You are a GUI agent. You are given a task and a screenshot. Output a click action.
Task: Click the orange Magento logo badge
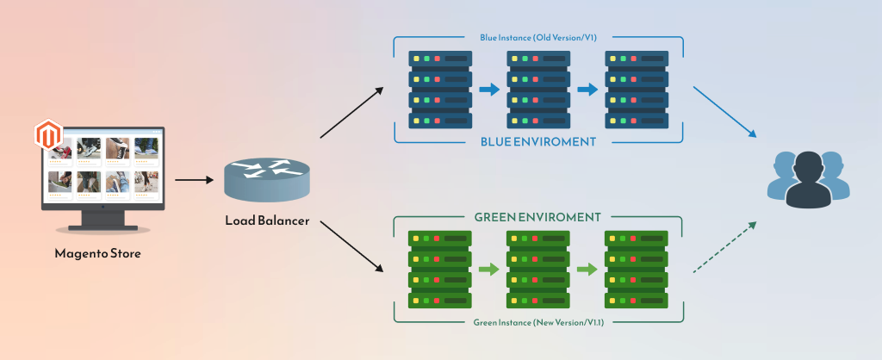pos(47,135)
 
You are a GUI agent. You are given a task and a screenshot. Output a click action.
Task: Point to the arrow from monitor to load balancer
pos(194,180)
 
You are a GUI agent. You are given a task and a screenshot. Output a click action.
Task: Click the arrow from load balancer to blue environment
pos(351,112)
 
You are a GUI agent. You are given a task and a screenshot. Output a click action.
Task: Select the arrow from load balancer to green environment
pos(351,248)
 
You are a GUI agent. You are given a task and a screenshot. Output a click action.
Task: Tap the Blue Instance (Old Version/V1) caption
pos(537,38)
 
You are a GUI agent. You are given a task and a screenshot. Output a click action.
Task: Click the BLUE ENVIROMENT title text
pos(538,140)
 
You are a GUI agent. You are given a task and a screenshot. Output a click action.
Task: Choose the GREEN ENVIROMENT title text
pos(538,217)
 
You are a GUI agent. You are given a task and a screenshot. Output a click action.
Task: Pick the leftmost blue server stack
pos(440,90)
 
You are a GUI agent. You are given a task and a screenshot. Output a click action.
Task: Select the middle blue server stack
pos(538,90)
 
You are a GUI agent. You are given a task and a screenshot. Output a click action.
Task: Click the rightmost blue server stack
pos(636,90)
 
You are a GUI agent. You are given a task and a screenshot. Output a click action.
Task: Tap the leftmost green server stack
pos(440,269)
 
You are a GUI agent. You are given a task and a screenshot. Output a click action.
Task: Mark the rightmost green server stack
pos(636,269)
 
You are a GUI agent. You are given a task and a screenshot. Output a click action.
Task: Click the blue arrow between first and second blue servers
pos(489,90)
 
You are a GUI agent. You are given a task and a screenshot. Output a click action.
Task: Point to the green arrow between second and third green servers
pos(587,270)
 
